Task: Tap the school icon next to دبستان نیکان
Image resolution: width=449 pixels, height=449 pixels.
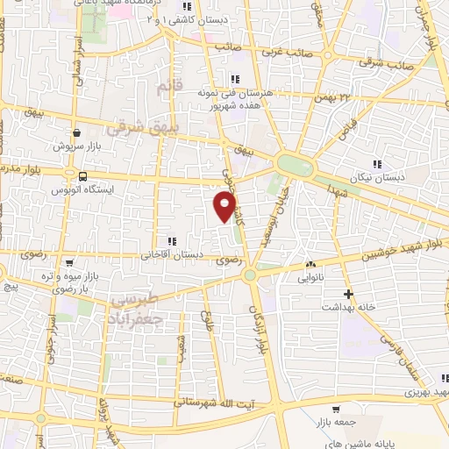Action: click(377, 164)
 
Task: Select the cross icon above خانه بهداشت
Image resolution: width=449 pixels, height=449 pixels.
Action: click(348, 294)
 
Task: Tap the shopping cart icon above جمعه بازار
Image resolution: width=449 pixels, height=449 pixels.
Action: click(335, 409)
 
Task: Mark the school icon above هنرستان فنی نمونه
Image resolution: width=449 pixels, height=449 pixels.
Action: click(234, 81)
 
